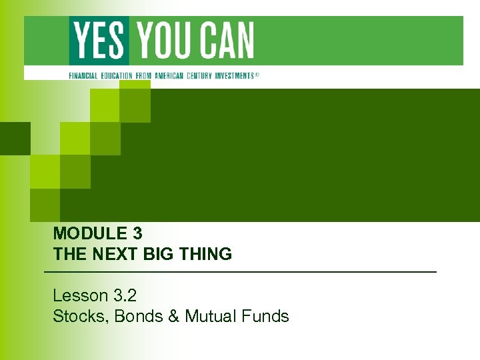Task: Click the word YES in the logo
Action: pos(99,40)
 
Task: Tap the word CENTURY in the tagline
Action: pos(203,76)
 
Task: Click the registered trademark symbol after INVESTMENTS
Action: pos(257,75)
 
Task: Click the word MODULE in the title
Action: pos(89,234)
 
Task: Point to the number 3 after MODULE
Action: pos(137,234)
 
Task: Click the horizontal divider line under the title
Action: pos(240,273)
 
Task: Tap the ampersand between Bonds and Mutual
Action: pos(174,316)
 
